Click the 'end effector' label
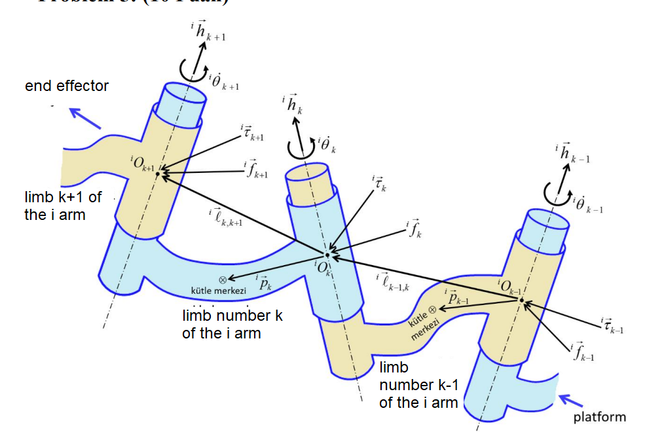click(x=67, y=86)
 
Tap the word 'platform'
click(x=599, y=417)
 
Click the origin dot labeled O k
click(x=327, y=255)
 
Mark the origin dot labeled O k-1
click(x=522, y=300)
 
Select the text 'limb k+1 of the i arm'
click(x=64, y=206)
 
